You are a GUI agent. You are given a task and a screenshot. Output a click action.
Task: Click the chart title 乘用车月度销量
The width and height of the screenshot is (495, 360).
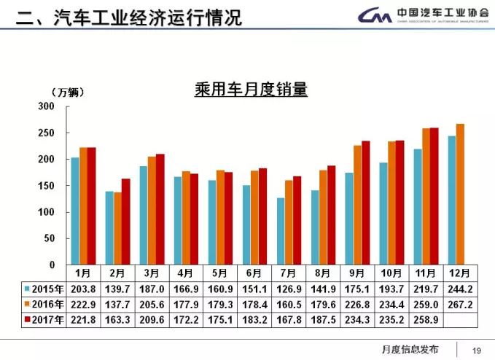click(x=251, y=90)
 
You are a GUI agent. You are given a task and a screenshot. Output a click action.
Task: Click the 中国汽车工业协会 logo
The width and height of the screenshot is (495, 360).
click(x=423, y=15)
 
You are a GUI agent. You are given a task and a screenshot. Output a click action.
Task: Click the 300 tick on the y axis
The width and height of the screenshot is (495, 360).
click(x=47, y=106)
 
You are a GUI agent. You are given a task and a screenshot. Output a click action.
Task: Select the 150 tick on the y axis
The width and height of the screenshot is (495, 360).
click(x=47, y=186)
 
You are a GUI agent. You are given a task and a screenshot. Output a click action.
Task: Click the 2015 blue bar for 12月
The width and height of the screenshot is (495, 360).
click(x=452, y=200)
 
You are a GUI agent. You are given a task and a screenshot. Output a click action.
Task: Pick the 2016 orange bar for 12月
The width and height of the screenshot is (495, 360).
click(x=460, y=194)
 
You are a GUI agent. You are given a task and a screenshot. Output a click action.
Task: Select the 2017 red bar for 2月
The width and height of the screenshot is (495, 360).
click(x=126, y=221)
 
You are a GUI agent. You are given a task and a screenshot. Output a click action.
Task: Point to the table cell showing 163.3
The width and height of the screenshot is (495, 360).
click(x=118, y=319)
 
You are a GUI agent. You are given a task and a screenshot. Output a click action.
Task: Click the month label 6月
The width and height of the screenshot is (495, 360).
click(x=254, y=273)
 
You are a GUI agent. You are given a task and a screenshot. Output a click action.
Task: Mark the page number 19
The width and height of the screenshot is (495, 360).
click(x=478, y=349)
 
